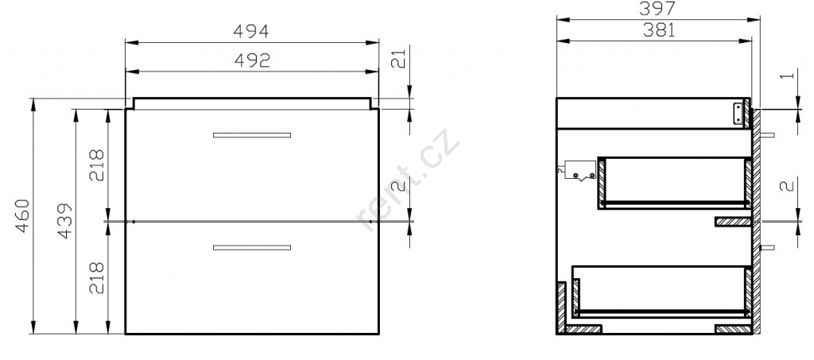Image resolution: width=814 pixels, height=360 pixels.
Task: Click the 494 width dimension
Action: [x=250, y=32]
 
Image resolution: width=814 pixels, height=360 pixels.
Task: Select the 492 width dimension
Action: [x=252, y=60]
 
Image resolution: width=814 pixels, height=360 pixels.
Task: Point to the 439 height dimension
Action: [x=64, y=222]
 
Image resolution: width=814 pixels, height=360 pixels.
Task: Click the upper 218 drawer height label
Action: [x=97, y=165]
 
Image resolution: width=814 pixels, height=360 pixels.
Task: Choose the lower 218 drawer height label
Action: [x=97, y=278]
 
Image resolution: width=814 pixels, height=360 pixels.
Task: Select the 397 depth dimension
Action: [x=657, y=8]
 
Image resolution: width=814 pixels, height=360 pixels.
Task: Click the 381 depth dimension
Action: [x=659, y=31]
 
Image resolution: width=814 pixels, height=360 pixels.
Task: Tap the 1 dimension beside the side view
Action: [x=788, y=75]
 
